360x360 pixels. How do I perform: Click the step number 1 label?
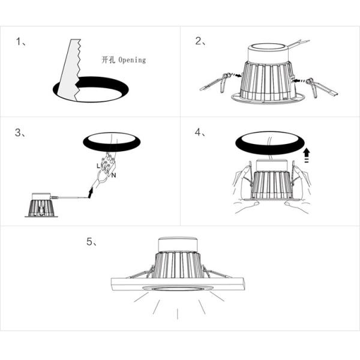(19, 42)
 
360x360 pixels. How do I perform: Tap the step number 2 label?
(200, 42)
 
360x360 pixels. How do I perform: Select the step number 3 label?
(19, 133)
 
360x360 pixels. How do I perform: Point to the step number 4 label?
(200, 133)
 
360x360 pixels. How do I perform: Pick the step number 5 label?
(91, 242)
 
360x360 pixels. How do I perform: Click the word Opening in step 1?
(132, 60)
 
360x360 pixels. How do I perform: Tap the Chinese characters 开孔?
(109, 60)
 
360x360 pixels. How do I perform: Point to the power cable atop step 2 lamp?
(296, 44)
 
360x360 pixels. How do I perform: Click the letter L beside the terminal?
(98, 164)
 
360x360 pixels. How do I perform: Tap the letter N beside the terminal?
(113, 175)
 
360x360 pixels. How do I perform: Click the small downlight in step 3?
(40, 205)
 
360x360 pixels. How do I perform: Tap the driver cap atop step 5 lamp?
(177, 244)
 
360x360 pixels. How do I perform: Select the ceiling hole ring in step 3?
(111, 142)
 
